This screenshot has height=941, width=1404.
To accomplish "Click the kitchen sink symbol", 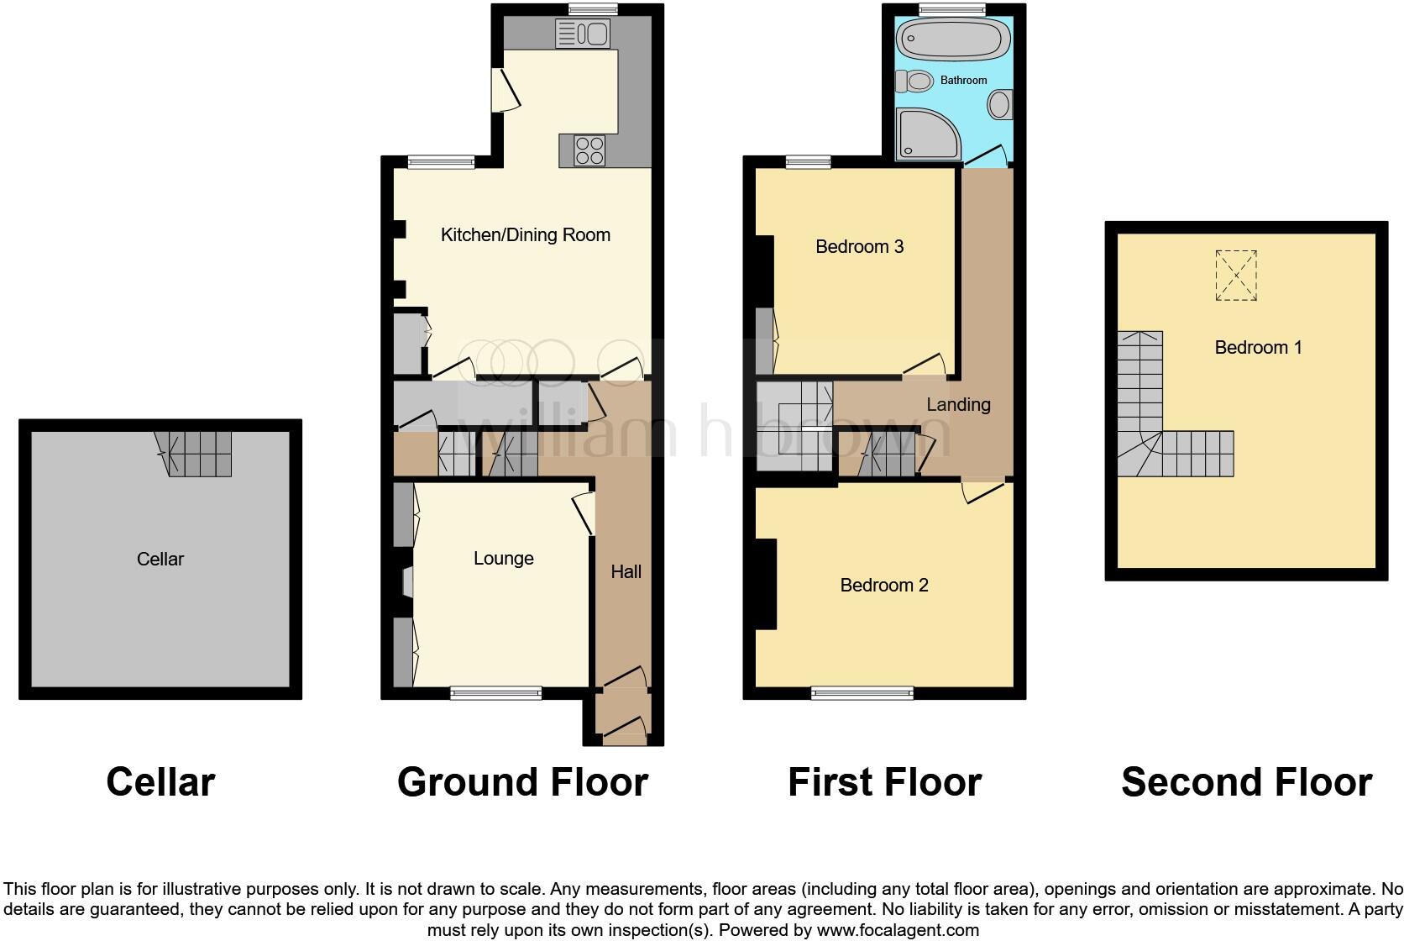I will point(583,34).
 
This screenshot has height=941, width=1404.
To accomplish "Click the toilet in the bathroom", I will point(915,81).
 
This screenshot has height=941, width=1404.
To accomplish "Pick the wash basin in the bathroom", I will point(999,105).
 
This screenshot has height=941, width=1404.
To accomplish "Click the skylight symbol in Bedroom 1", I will point(1236,276).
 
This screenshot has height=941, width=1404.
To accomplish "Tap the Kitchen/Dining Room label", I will point(526,235).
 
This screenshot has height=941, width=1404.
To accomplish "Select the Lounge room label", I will point(503,559).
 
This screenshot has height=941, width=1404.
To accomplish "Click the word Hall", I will point(626,572).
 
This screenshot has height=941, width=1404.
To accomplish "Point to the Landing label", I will point(958,405).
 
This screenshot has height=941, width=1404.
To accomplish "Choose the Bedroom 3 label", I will point(859,247).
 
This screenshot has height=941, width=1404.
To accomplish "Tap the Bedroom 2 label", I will point(883,586).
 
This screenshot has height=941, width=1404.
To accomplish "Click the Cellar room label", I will point(160,560).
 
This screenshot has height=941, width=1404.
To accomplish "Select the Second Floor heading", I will point(1246,782).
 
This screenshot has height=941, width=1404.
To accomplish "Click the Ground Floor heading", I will point(522,782).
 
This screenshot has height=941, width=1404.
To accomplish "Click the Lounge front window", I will point(495,693).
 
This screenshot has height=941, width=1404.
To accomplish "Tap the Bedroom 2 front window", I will point(862,693).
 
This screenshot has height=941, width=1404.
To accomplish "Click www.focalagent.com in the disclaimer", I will point(898,930).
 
